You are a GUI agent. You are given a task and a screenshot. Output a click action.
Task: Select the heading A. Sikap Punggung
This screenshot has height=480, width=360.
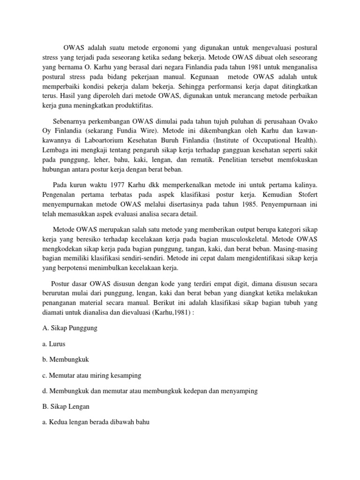(x=69, y=328)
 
